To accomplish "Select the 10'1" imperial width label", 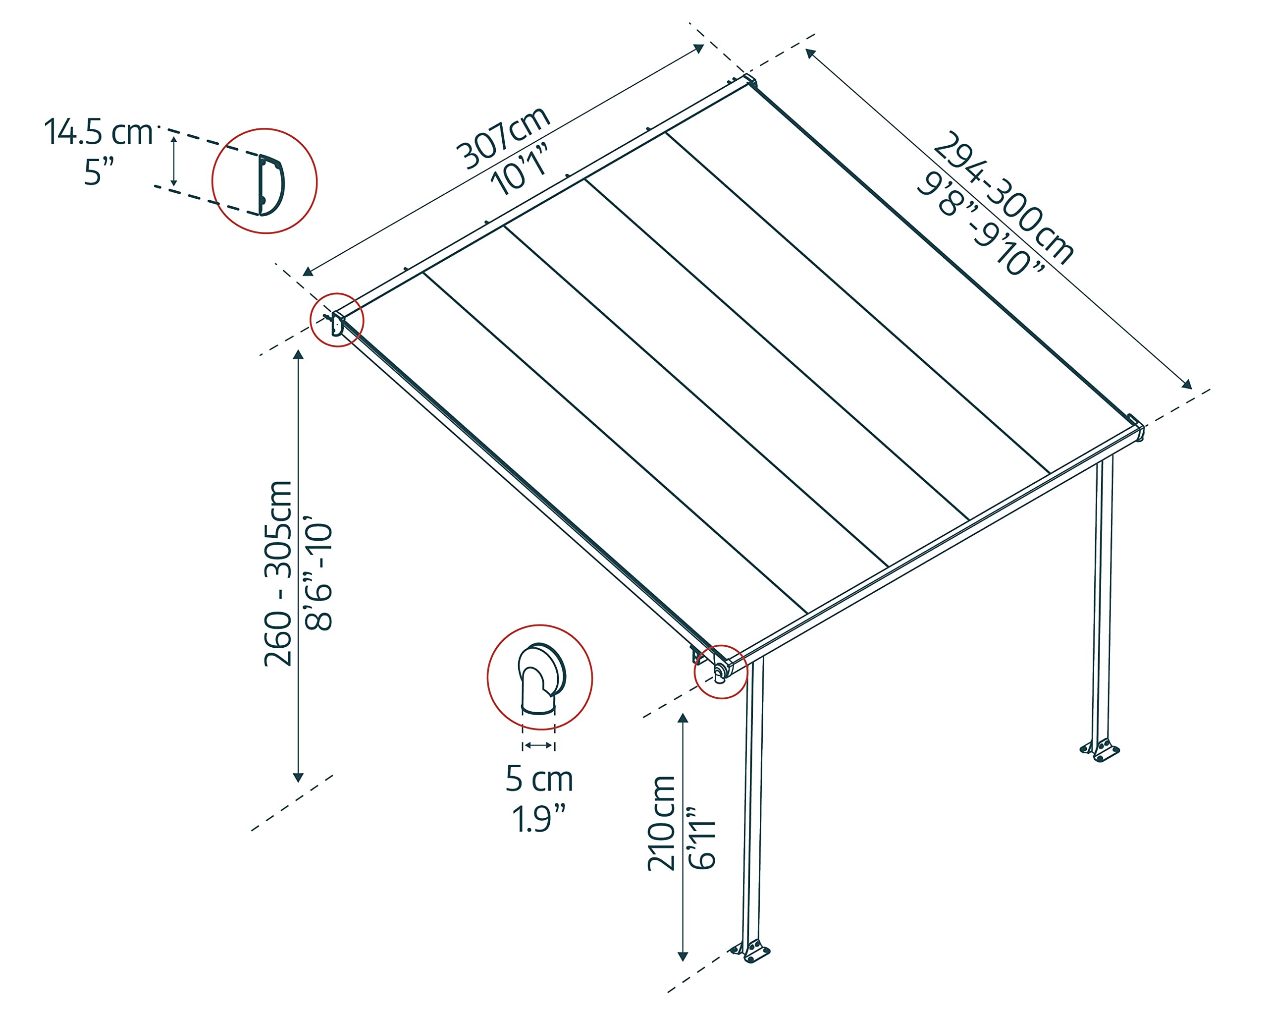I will click(x=520, y=172).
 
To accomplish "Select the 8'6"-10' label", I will click(x=319, y=577).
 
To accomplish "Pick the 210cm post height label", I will click(x=662, y=823).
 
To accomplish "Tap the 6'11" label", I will click(x=702, y=838).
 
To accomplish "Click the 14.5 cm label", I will click(x=98, y=132).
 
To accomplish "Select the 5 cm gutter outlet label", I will click(x=539, y=779).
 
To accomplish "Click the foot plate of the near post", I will click(x=750, y=952).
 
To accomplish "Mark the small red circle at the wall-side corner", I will click(x=337, y=320).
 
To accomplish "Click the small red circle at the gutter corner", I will click(x=721, y=672).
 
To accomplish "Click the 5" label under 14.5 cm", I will click(x=99, y=172).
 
